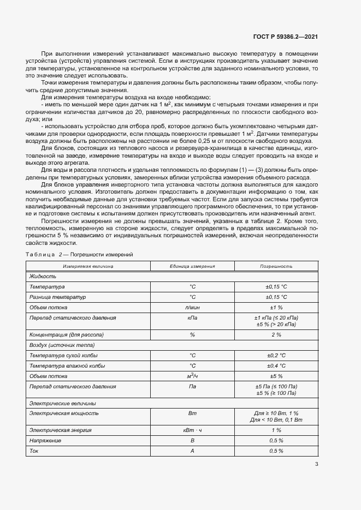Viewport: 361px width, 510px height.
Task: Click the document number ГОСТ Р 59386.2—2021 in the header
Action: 286,37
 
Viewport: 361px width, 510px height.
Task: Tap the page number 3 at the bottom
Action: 317,465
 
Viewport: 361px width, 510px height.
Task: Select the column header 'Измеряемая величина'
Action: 88,266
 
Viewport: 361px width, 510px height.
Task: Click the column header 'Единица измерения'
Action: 192,266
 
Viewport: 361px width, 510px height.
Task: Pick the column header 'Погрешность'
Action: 276,266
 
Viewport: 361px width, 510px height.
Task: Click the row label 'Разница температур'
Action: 57,297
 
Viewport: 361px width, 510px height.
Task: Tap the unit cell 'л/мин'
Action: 192,308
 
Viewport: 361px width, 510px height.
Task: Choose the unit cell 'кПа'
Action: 192,317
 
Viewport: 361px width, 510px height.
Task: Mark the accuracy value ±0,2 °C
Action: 276,356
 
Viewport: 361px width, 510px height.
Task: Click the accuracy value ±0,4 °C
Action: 276,365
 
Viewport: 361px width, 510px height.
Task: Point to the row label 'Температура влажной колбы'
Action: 68,365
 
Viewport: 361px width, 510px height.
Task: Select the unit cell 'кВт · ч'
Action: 192,430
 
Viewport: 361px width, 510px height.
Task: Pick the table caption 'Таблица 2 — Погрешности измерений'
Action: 79,255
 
